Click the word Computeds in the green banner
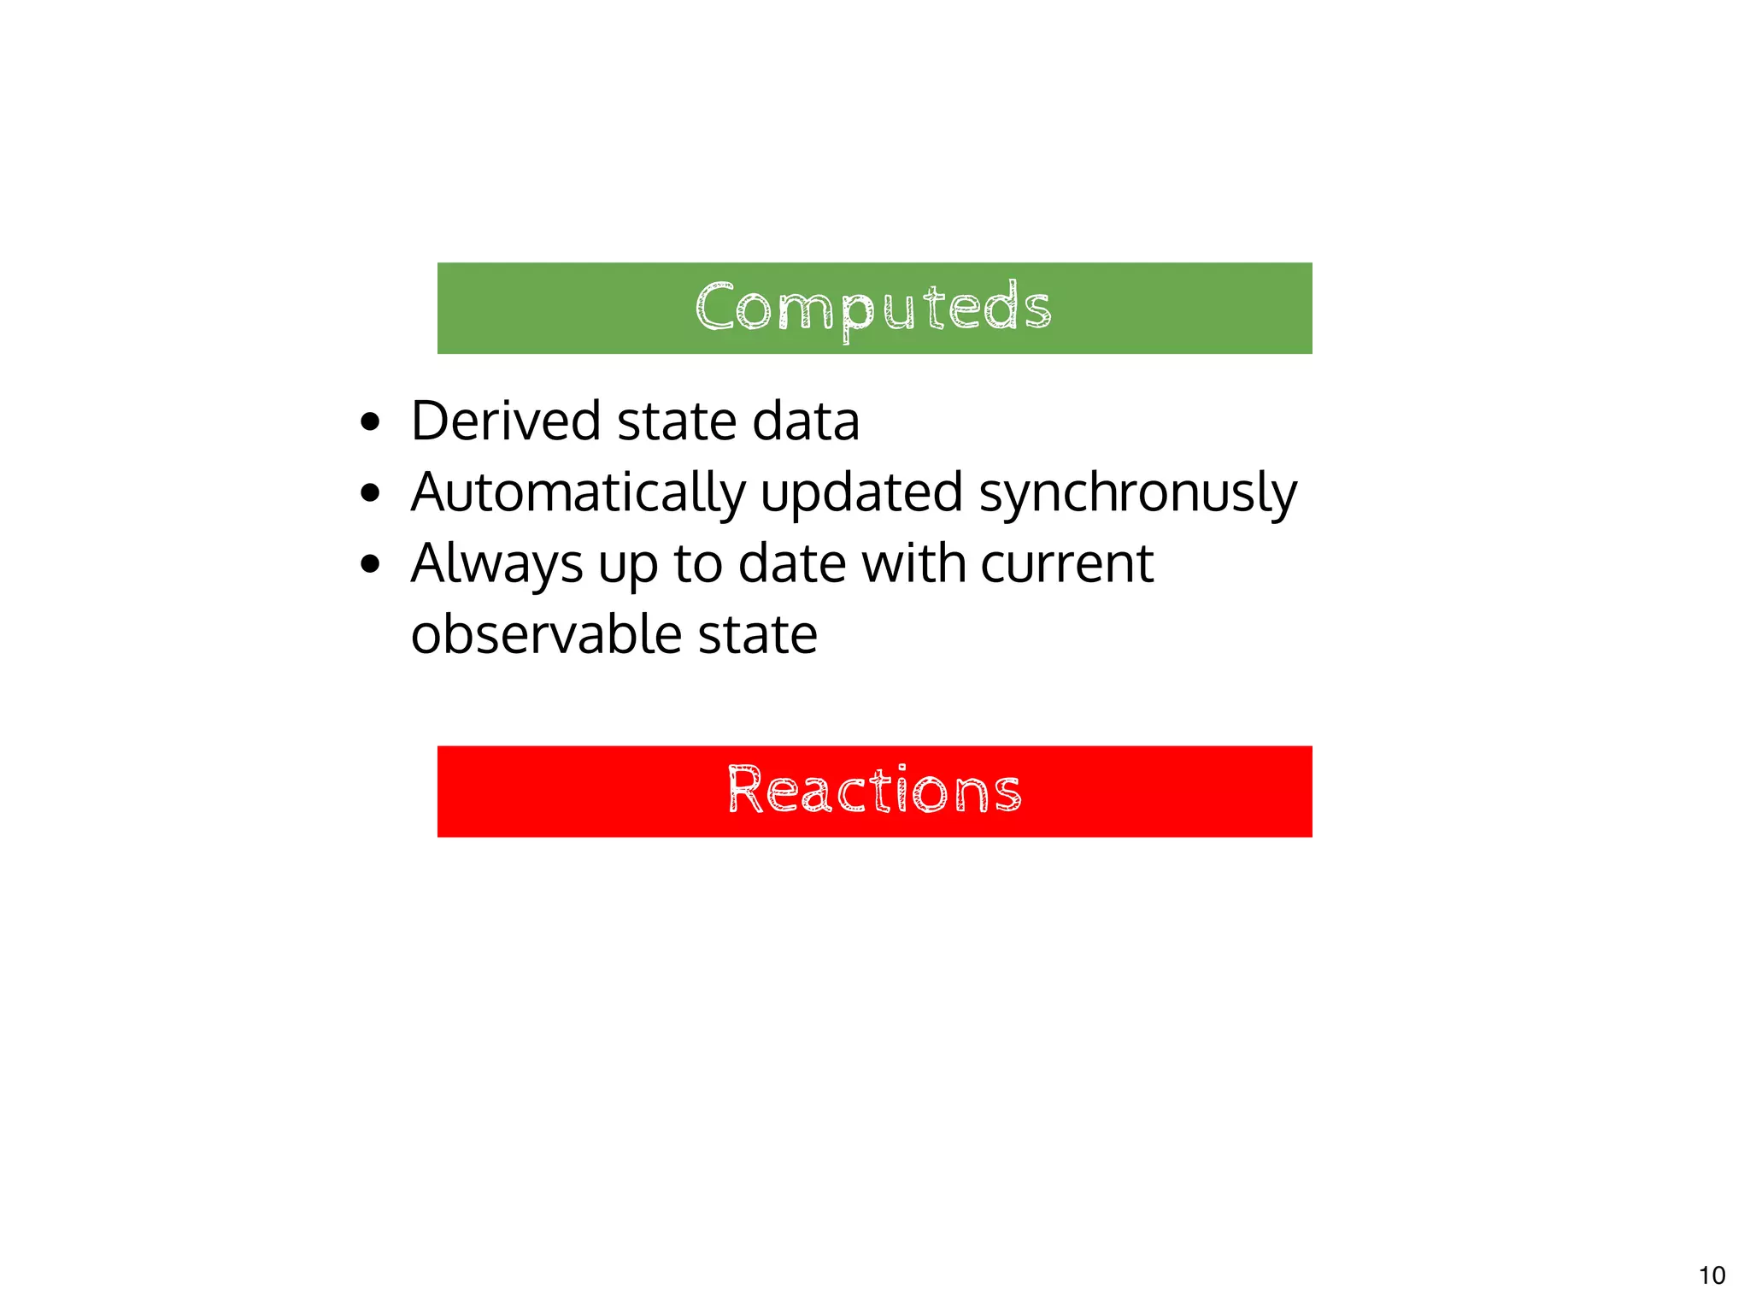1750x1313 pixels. (x=873, y=308)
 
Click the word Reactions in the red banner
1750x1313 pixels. (x=874, y=790)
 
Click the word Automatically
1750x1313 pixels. (x=578, y=493)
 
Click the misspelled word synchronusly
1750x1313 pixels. (x=1137, y=493)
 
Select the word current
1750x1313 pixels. (x=1067, y=564)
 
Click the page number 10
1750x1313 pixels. (x=1712, y=1275)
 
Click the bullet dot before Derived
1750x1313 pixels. (x=370, y=421)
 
